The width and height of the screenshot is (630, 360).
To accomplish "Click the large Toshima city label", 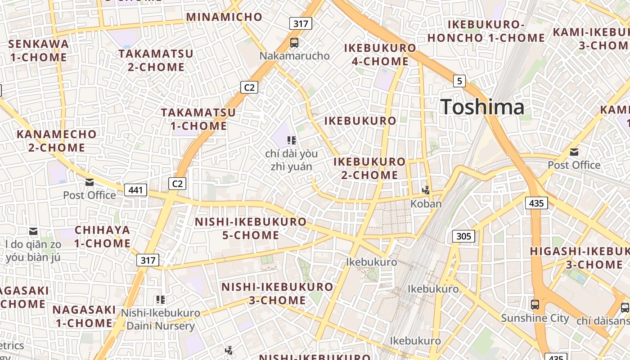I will (x=482, y=107).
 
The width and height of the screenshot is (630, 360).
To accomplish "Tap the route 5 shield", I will (x=459, y=81).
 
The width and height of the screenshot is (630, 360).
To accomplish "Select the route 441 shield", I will (x=135, y=190).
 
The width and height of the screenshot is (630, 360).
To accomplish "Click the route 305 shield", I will (x=463, y=236).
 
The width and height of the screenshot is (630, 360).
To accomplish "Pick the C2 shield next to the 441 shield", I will (x=177, y=183).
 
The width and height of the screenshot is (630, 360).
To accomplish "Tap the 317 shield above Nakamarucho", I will (x=301, y=23).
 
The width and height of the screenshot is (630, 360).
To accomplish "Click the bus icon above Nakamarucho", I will (x=294, y=43).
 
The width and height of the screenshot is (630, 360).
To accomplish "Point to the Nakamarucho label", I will (x=294, y=56).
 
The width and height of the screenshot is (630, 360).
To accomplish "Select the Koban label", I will (x=426, y=204).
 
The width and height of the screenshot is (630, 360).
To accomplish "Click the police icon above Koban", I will (x=426, y=190).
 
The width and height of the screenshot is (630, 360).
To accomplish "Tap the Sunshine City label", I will (x=535, y=318).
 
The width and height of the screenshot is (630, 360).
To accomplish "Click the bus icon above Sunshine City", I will (x=535, y=305).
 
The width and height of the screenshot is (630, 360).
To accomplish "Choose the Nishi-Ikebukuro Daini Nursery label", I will (x=161, y=319).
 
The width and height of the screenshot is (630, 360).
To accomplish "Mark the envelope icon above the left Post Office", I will (x=90, y=182).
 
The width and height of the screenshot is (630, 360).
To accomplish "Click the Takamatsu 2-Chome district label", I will (x=156, y=60).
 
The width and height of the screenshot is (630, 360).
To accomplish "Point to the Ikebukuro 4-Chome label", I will (x=380, y=54).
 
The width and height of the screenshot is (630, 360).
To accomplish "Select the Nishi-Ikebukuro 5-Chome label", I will (x=251, y=228).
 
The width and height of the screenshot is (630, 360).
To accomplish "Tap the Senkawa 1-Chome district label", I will (x=38, y=50).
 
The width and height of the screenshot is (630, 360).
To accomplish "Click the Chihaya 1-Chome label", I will (x=103, y=237).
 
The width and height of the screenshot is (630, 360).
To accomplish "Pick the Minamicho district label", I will (x=224, y=17).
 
